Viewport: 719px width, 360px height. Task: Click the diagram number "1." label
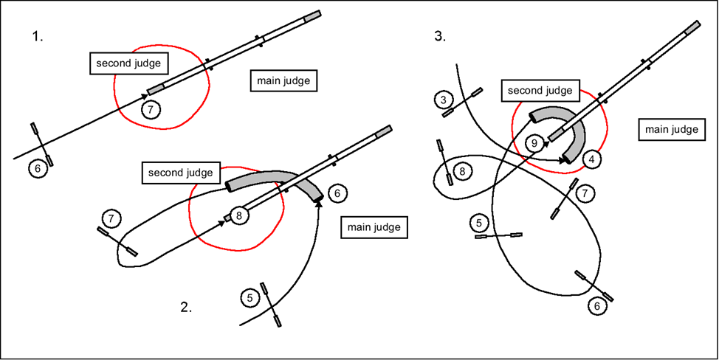[x=38, y=35]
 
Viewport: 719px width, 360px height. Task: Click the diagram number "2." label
[x=186, y=308]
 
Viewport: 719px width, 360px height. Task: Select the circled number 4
[x=591, y=159]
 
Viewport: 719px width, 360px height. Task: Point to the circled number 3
[x=444, y=100]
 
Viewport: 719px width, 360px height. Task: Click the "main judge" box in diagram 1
[x=284, y=80]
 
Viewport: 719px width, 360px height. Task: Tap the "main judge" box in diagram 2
[x=374, y=227]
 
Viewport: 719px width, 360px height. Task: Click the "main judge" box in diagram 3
[x=671, y=129]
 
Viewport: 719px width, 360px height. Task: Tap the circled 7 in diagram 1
[x=151, y=110]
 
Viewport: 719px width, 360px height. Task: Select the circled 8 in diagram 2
[x=240, y=216]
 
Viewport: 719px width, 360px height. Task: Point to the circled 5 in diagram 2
[x=250, y=298]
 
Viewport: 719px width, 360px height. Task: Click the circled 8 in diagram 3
[x=461, y=172]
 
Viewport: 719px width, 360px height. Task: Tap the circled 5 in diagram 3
[x=479, y=221]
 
